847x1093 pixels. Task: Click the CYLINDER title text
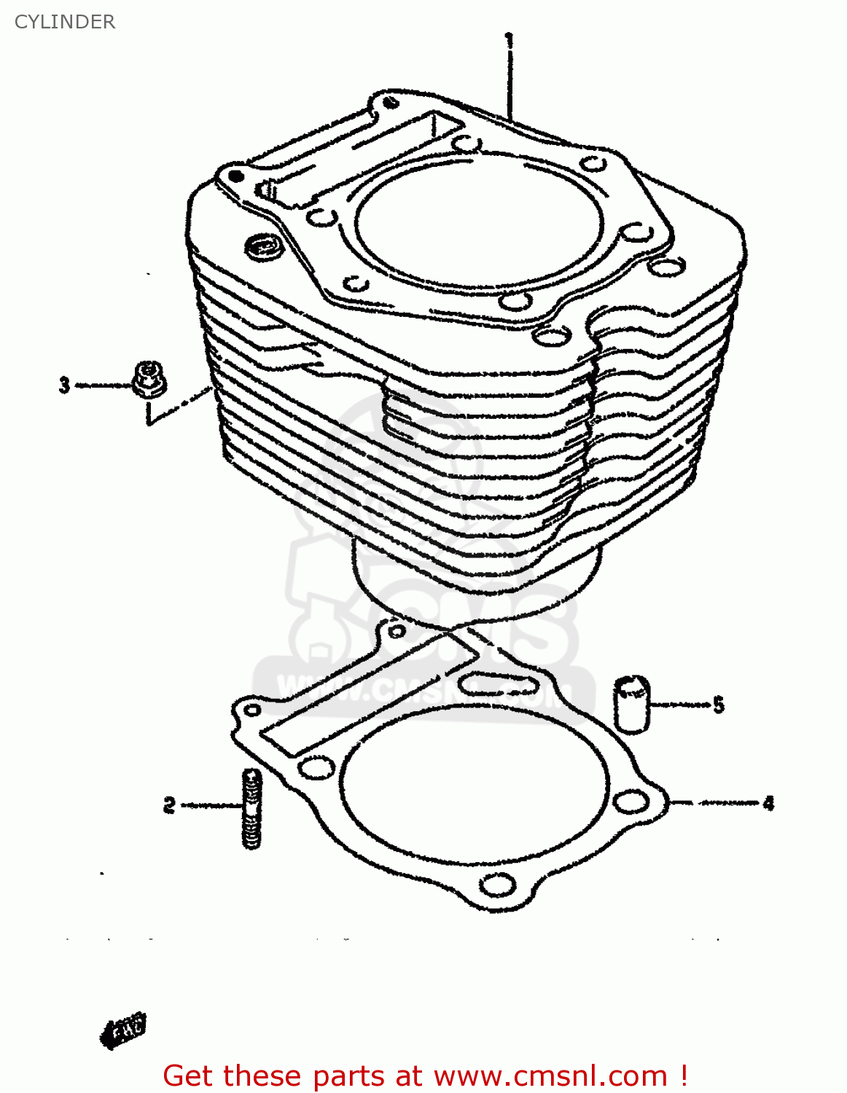65,22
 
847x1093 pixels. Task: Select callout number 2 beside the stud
169,805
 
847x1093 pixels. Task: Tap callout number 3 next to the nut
65,385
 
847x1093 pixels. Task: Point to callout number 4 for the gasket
768,804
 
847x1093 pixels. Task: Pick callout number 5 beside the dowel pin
719,705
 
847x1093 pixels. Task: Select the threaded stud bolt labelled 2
251,809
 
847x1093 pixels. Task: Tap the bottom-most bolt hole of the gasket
498,885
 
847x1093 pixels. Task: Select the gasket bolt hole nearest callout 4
631,802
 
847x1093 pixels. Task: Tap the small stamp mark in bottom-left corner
124,1030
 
